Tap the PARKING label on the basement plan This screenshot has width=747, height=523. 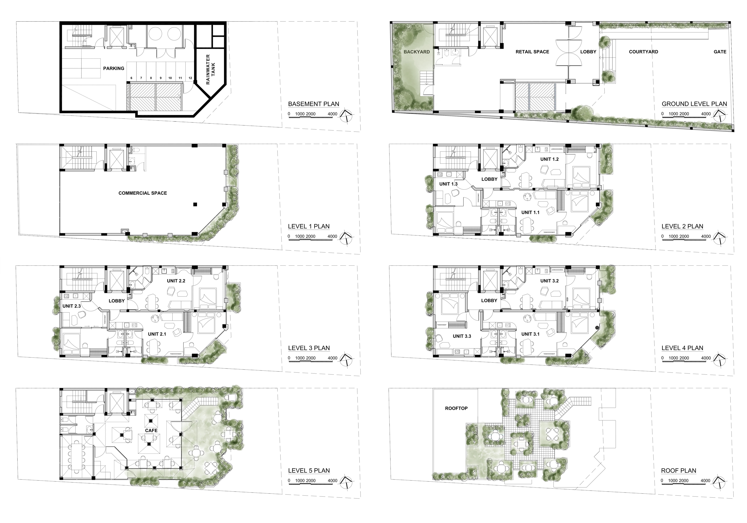click(114, 68)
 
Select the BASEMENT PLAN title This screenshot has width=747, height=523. click(314, 104)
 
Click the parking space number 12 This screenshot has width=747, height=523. click(190, 78)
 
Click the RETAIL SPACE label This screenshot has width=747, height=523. click(532, 52)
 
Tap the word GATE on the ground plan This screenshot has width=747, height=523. click(720, 52)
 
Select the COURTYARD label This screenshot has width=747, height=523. click(644, 52)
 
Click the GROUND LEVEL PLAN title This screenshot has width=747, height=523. click(694, 104)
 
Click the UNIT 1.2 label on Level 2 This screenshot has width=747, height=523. click(550, 159)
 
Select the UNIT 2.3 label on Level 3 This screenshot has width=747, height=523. click(72, 306)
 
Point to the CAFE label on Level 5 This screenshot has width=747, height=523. click(151, 430)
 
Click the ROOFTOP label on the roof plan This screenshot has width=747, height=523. click(456, 408)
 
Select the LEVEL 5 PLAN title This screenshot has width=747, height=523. click(309, 471)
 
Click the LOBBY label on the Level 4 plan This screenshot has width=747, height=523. click(489, 301)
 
